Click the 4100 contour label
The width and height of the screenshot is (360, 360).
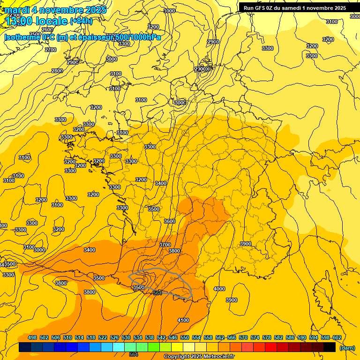183,320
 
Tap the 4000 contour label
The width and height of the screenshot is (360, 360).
219,289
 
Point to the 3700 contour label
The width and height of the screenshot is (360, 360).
165,245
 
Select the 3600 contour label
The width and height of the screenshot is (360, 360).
170,221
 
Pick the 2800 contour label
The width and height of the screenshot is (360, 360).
57,71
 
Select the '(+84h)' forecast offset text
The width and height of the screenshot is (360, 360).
81,21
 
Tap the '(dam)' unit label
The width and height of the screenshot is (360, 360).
347,347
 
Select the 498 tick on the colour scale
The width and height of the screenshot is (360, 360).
32,338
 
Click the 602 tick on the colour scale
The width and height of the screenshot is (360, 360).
337,338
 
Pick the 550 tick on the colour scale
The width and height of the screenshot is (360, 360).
185,338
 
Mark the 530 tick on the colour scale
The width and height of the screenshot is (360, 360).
126,338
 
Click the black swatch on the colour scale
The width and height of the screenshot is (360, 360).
330,347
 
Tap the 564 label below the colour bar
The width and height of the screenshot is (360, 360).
134,354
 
